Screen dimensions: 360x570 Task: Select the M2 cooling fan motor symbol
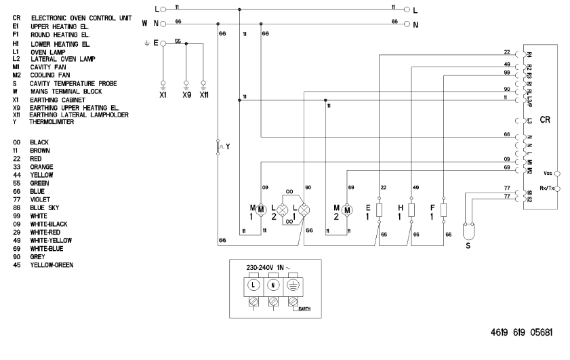(x=347, y=210)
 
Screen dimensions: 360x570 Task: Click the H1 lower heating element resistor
(x=412, y=209)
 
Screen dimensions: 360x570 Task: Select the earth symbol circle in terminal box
(x=293, y=285)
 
